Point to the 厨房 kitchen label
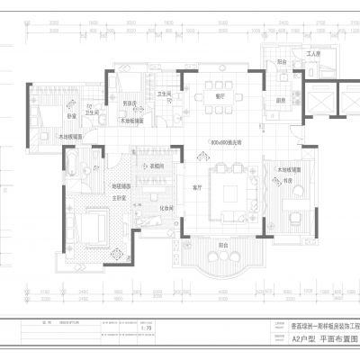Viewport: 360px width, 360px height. [x=281, y=100]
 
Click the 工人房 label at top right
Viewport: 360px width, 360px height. [x=312, y=55]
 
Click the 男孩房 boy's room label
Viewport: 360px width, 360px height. [x=130, y=102]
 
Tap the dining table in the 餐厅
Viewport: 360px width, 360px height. [x=219, y=109]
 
